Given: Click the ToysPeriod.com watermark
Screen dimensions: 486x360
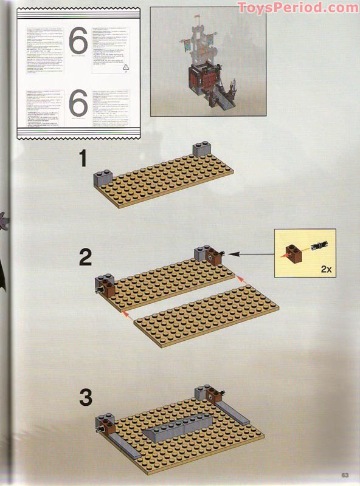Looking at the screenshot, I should pos(298,7).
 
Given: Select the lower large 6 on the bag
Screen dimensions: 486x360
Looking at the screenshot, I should pos(78,104).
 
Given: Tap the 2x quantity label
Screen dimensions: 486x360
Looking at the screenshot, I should pos(322,267).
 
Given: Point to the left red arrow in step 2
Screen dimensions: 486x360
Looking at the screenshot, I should pos(126,313).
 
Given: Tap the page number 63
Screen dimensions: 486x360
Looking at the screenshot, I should pos(344,475).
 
